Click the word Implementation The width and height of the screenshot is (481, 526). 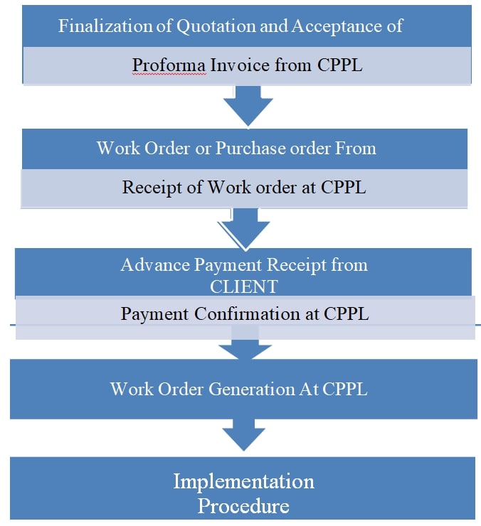coord(243,481)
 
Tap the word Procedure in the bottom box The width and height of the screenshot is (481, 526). coord(243,506)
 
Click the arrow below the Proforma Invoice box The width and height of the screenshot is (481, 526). coord(248,105)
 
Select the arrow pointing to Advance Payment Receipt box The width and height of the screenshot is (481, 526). coord(244,227)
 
